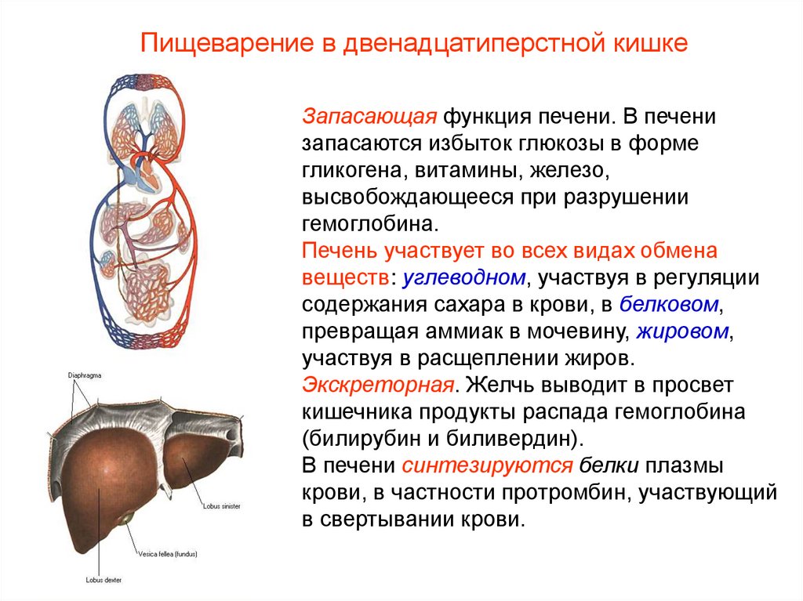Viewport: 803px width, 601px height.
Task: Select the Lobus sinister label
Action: click(222, 506)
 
